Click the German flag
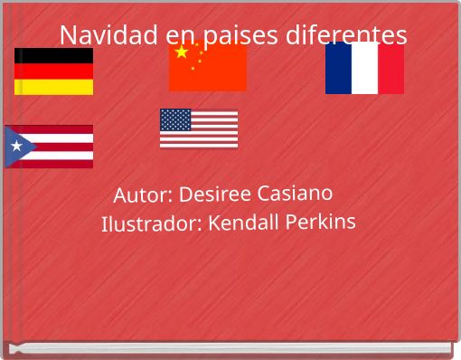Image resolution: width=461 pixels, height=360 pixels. click(53, 71)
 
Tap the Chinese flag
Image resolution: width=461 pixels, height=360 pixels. click(208, 67)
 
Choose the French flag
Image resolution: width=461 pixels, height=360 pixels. click(364, 69)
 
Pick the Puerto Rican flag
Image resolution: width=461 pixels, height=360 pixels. click(49, 147)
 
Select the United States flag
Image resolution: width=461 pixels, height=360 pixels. click(199, 128)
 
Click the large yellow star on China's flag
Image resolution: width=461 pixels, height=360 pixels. click(182, 52)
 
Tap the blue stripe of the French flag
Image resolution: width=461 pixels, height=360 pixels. click(338, 69)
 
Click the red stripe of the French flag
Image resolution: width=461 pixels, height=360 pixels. click(391, 69)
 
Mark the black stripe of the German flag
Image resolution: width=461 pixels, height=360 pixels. click(53, 56)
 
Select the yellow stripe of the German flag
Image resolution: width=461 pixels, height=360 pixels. click(53, 87)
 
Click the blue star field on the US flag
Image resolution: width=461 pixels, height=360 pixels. click(175, 119)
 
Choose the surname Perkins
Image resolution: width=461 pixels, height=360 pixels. click(321, 222)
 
